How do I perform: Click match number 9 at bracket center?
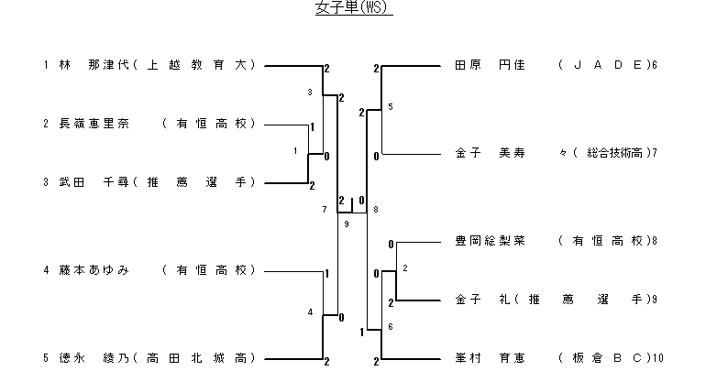(x=347, y=224)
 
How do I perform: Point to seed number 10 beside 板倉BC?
(x=658, y=357)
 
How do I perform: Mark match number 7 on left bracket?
(x=325, y=210)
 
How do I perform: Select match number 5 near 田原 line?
(x=391, y=107)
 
